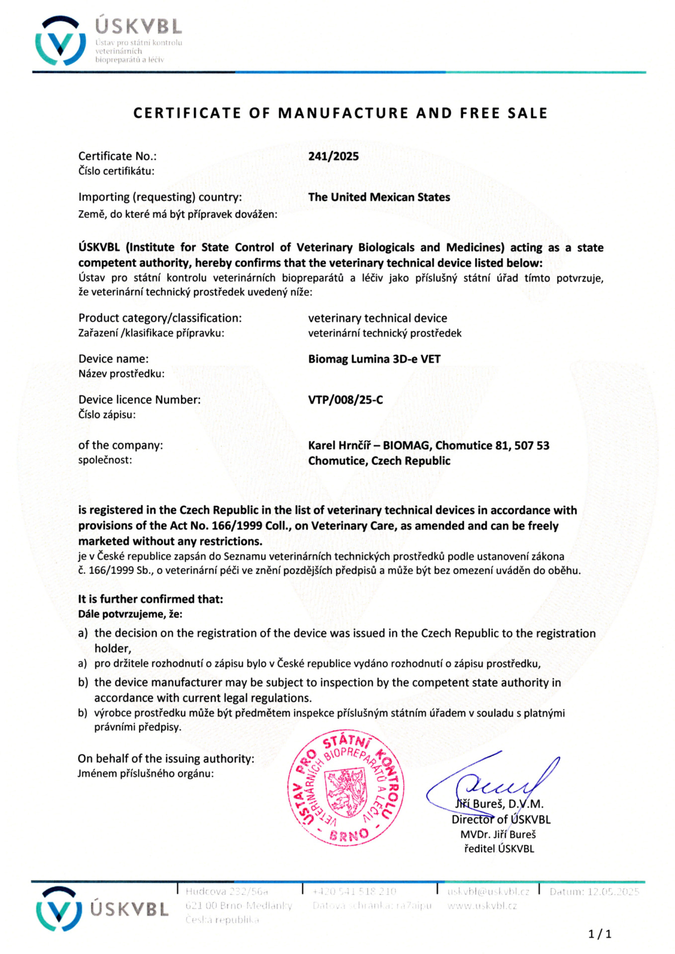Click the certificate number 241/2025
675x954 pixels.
(333, 156)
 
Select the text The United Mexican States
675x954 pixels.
(379, 197)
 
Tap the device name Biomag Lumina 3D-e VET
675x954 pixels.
(374, 359)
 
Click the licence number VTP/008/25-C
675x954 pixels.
(345, 399)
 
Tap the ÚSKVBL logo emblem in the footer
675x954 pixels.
(59, 909)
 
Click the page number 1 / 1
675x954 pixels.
(599, 934)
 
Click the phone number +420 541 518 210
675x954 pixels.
(354, 891)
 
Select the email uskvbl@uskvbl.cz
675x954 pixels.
(488, 891)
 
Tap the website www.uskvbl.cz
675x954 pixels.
(482, 905)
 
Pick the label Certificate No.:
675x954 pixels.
(117, 156)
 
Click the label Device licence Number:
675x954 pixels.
(140, 399)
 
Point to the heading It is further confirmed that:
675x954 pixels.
(151, 599)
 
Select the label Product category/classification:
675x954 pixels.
(160, 318)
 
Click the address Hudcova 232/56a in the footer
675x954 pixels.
(227, 891)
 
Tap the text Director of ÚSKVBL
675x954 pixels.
(501, 819)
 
